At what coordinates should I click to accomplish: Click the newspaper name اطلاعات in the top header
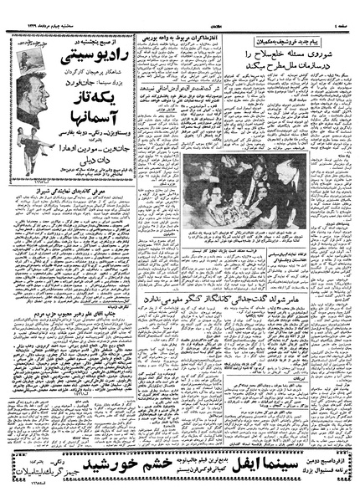pyautogui.click(x=180, y=10)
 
